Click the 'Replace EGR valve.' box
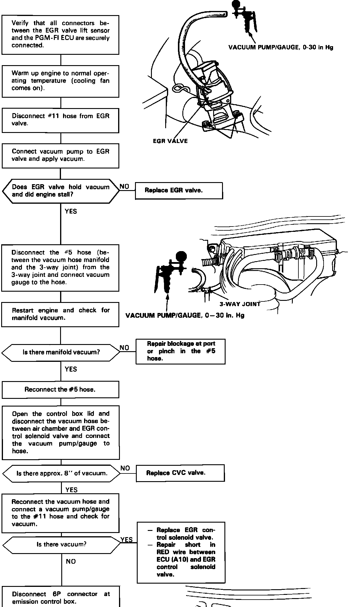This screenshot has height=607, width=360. (x=179, y=190)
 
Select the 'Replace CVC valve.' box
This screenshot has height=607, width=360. (x=180, y=473)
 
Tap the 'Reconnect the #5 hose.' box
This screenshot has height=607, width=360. (x=60, y=389)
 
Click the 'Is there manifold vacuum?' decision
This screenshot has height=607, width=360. (x=61, y=352)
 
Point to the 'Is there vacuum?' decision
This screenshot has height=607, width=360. (x=61, y=544)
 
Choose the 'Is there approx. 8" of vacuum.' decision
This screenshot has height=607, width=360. (x=62, y=473)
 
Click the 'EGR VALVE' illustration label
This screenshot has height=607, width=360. (x=170, y=141)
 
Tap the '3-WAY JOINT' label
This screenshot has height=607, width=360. (x=240, y=304)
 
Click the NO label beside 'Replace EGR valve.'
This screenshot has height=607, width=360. (x=124, y=187)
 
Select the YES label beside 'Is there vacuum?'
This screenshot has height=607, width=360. (x=126, y=539)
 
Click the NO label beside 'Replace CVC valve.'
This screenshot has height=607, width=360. (x=125, y=468)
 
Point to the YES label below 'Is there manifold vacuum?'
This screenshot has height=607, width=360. (x=71, y=369)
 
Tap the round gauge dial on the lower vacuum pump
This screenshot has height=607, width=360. (x=181, y=256)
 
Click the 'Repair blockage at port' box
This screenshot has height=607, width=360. (x=180, y=351)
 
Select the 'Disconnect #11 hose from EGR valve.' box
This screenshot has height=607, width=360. (x=60, y=120)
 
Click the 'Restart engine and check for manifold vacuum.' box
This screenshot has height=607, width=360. (x=60, y=314)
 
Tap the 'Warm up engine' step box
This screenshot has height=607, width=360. (x=60, y=81)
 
